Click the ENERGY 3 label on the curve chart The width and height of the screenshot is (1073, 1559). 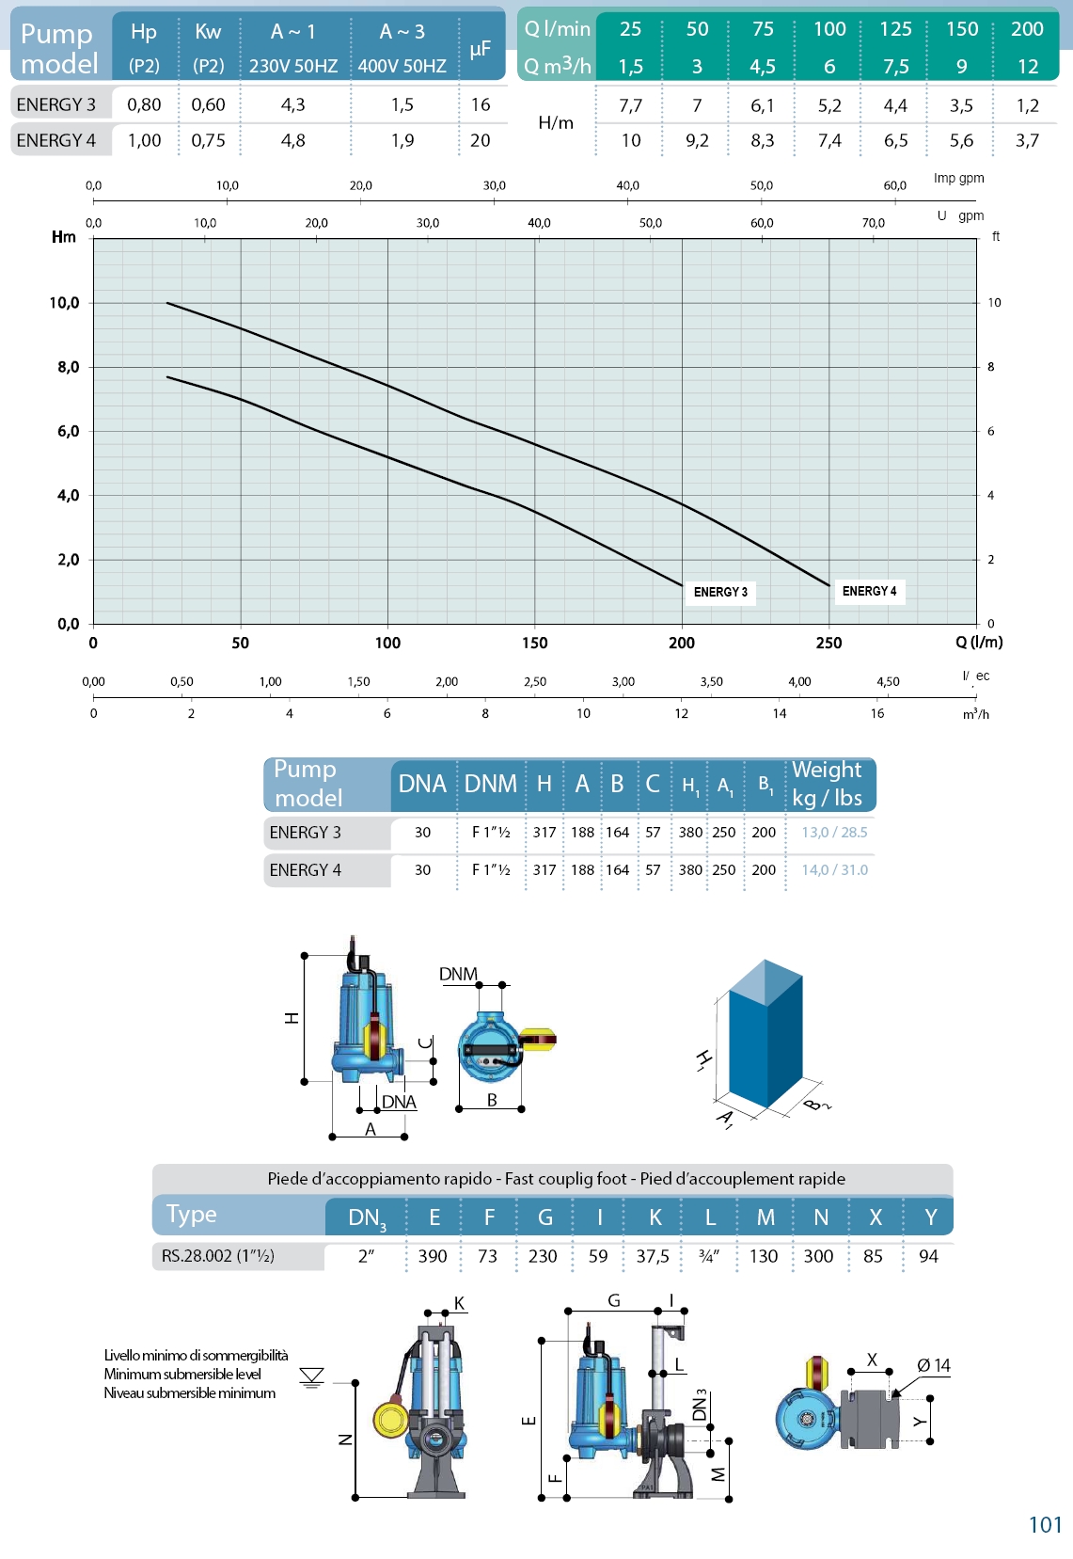(720, 592)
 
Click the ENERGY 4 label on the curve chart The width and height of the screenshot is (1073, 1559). (869, 591)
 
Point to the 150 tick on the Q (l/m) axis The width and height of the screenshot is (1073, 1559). (534, 643)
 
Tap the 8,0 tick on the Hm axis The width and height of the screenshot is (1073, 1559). (68, 367)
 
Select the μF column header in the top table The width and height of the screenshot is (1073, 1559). (481, 48)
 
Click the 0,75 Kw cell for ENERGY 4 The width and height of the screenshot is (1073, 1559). (208, 140)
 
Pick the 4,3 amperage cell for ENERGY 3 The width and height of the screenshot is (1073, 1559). (292, 104)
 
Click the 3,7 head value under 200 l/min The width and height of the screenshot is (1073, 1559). (1027, 140)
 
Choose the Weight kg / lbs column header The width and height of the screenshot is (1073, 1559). (827, 784)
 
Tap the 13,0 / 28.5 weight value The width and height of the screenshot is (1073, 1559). (834, 833)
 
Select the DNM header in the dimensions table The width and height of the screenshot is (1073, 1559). (490, 784)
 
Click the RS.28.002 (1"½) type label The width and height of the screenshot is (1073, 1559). (218, 1256)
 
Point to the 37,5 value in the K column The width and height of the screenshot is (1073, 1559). (653, 1256)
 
